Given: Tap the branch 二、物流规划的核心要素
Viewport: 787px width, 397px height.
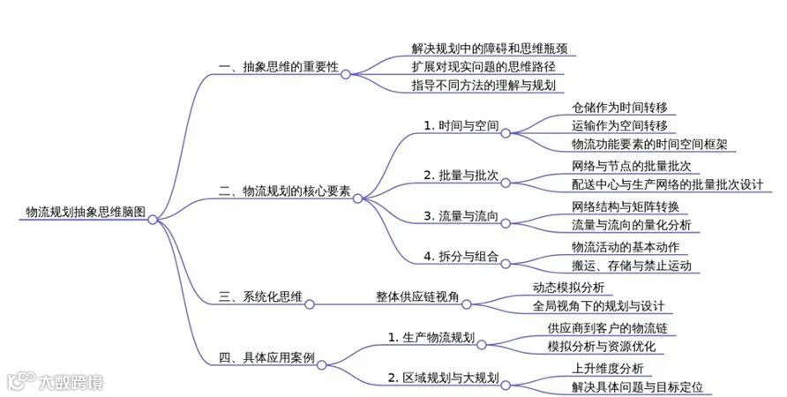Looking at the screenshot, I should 284,191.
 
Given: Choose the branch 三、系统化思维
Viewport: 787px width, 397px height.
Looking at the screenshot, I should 260,297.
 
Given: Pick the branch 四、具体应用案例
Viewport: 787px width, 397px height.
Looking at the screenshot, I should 266,357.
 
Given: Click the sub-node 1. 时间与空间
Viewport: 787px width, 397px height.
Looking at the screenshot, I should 460,125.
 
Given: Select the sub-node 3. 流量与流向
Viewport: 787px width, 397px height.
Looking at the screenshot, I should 460,216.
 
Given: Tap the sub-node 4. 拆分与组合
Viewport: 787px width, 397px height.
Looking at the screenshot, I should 460,257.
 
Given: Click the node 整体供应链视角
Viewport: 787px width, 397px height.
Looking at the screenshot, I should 417,297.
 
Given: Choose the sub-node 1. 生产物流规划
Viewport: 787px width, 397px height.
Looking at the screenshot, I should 432,337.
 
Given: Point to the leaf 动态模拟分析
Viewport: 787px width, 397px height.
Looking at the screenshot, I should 568,288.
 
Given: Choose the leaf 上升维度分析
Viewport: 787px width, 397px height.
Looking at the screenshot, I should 607,369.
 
